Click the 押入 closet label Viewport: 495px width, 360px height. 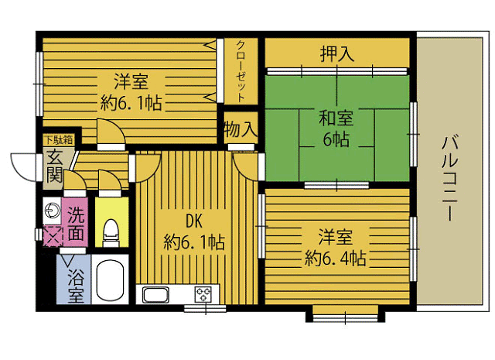point(337,54)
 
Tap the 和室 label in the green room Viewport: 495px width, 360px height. point(336,119)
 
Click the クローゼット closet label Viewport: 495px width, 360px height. point(241,71)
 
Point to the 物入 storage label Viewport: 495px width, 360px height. point(240,129)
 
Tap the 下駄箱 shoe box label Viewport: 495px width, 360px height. point(58,140)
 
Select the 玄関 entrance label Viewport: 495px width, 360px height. point(53,166)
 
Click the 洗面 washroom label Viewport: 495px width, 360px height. point(76,221)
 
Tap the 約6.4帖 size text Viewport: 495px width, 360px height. point(336,258)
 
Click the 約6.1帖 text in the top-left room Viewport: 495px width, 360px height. point(131,101)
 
